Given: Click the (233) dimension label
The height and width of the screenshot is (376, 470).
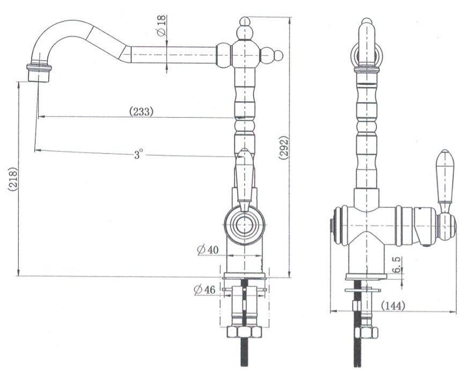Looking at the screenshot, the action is coord(141,112).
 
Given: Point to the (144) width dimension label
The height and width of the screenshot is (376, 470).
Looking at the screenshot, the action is coord(393,306).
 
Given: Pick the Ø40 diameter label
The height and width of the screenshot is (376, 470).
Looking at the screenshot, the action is coord(208,250).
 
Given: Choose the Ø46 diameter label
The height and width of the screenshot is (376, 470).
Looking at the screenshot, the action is coord(204,290).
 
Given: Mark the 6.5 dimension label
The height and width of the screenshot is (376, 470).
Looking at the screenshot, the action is coord(396,265).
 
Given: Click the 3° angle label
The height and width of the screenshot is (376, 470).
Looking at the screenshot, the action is coord(137,155).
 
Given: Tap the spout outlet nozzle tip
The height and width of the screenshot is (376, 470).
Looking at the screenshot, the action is coord(39,76).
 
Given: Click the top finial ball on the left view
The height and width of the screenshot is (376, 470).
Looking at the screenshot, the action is coord(245,21).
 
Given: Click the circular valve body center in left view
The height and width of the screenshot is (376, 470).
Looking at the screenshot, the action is coord(245,225).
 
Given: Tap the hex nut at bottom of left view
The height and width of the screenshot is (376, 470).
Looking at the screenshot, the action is coord(245,331).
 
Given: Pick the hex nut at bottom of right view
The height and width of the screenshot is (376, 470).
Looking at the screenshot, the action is coord(366,333).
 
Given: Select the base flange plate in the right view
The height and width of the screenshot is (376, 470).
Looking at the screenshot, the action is coord(366,277).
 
